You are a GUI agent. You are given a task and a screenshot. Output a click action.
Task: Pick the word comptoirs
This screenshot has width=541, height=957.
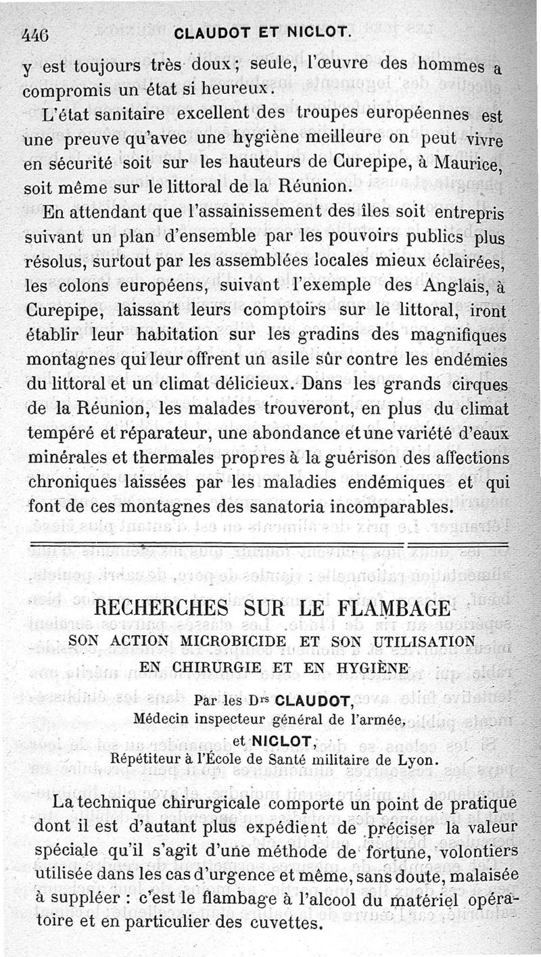[302, 310]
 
